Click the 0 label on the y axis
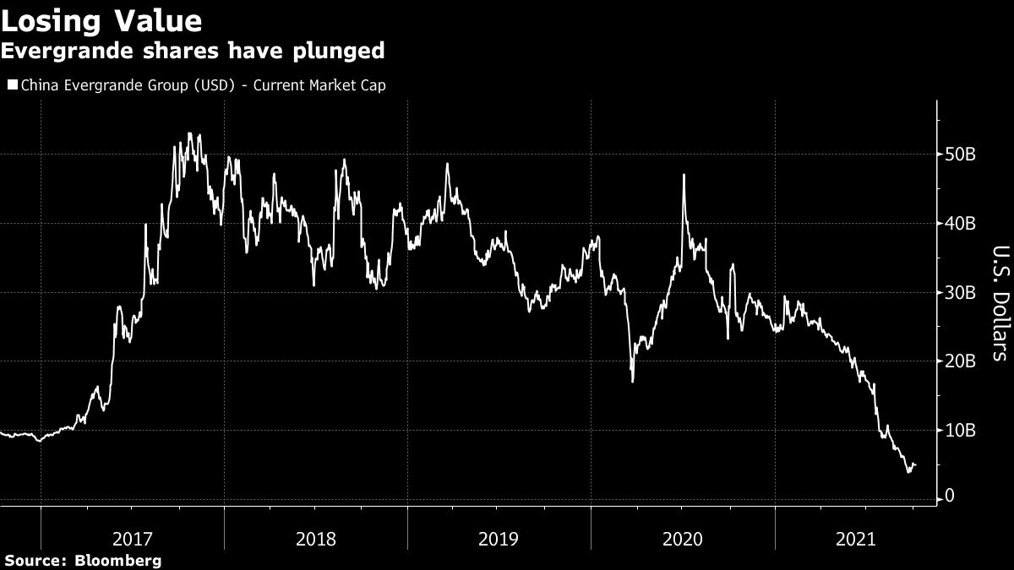click(x=951, y=495)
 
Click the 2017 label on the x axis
click(x=133, y=538)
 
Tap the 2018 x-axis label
click(x=316, y=538)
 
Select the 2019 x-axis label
click(x=499, y=538)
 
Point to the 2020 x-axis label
click(x=683, y=538)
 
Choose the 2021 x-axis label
click(x=856, y=538)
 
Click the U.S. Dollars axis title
click(x=999, y=303)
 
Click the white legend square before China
click(x=12, y=85)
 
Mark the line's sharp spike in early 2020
click(x=683, y=176)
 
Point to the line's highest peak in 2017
click(x=189, y=133)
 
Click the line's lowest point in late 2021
click(x=908, y=471)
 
